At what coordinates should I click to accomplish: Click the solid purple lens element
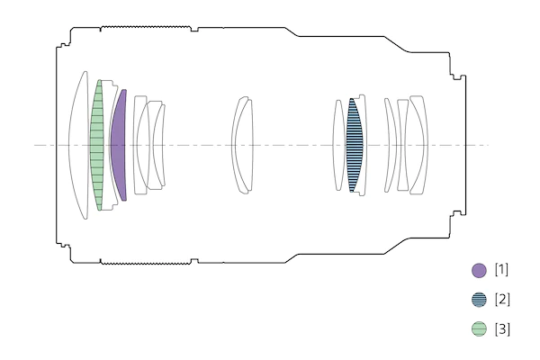pyautogui.click(x=118, y=145)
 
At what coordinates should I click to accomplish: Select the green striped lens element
pyautogui.click(x=97, y=145)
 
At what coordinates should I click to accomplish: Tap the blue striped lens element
pyautogui.click(x=355, y=145)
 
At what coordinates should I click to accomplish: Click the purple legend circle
pyautogui.click(x=479, y=270)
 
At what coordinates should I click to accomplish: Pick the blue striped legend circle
pyautogui.click(x=479, y=300)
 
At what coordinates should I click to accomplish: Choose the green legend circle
pyautogui.click(x=479, y=328)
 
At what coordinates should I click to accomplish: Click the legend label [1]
pyautogui.click(x=501, y=269)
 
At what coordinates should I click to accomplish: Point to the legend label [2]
pyautogui.click(x=502, y=299)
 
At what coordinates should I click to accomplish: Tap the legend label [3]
pyautogui.click(x=502, y=328)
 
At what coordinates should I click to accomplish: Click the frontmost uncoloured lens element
pyautogui.click(x=78, y=145)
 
